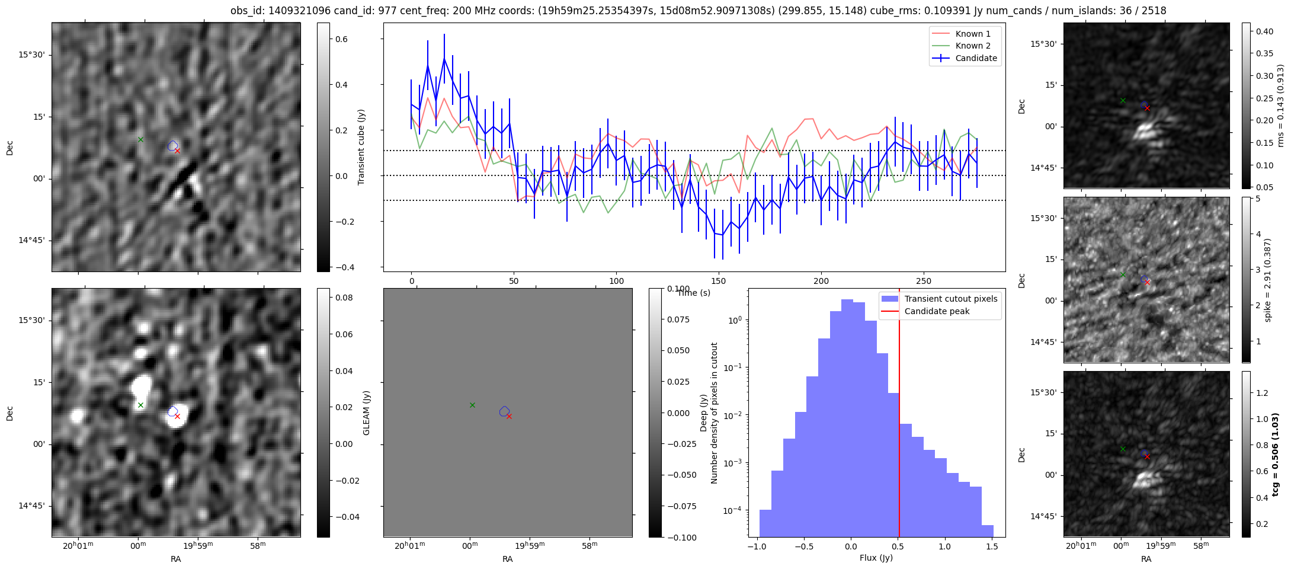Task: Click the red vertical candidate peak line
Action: tap(899, 415)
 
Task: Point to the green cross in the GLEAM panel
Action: tap(472, 405)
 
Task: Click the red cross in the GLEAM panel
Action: tap(509, 416)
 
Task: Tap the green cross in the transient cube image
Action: tap(140, 139)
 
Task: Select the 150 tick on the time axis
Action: tap(718, 281)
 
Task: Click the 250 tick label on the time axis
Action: tap(923, 281)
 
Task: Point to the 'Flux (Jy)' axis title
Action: tap(876, 558)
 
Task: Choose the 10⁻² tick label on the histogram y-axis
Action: tap(734, 415)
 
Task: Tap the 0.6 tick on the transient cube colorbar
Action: tap(342, 39)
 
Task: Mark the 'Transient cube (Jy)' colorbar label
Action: tap(361, 147)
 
